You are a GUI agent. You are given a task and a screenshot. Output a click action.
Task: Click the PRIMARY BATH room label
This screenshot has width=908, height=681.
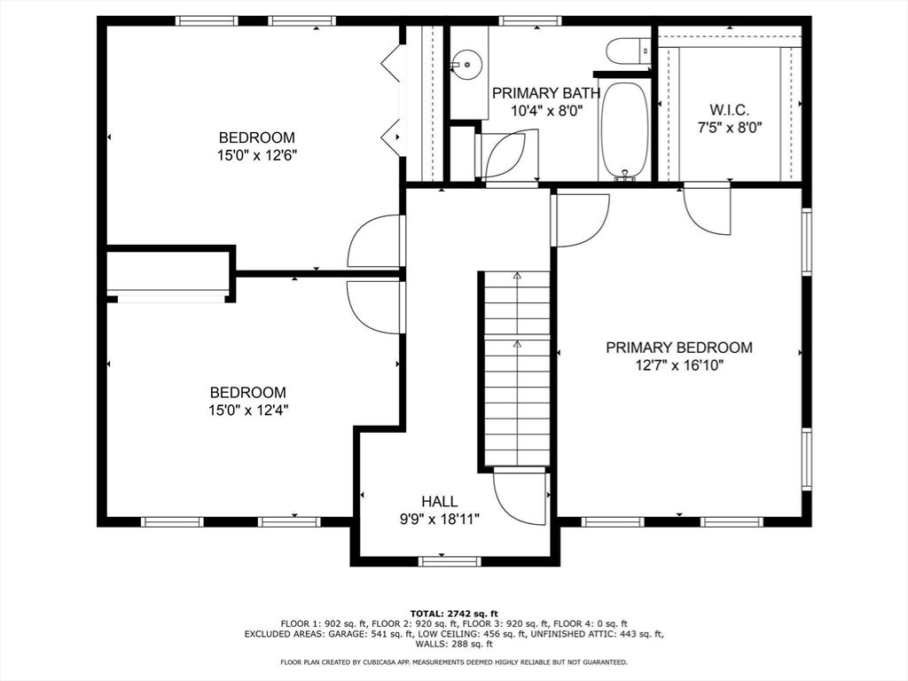pos(545,92)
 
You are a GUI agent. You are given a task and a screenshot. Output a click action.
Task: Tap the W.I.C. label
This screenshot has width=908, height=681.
pos(729,110)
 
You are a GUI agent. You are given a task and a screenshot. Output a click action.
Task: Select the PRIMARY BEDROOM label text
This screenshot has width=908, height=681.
pos(678,348)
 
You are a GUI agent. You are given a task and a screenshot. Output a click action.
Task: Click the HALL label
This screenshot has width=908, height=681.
pos(439,502)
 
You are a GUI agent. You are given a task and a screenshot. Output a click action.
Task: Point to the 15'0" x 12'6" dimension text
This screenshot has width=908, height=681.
pos(256,155)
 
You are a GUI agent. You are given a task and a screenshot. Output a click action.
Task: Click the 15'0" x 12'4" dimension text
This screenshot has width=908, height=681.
pos(247,410)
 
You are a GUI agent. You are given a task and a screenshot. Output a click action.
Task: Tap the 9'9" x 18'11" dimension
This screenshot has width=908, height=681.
pos(439,520)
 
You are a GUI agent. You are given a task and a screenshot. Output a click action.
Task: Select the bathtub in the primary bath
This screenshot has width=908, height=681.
pos(624,130)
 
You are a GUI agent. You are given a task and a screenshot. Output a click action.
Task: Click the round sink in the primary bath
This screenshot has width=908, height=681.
pos(466,62)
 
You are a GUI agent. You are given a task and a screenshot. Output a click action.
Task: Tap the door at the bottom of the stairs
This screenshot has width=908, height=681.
pos(521,497)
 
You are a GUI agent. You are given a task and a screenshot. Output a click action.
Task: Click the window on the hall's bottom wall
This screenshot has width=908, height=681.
pos(450,561)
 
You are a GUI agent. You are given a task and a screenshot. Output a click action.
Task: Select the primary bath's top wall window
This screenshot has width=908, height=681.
pos(530,20)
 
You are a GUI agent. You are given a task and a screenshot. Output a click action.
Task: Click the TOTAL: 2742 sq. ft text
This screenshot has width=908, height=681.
pos(454,614)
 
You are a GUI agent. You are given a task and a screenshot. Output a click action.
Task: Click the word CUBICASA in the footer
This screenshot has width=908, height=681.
pos(400,661)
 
